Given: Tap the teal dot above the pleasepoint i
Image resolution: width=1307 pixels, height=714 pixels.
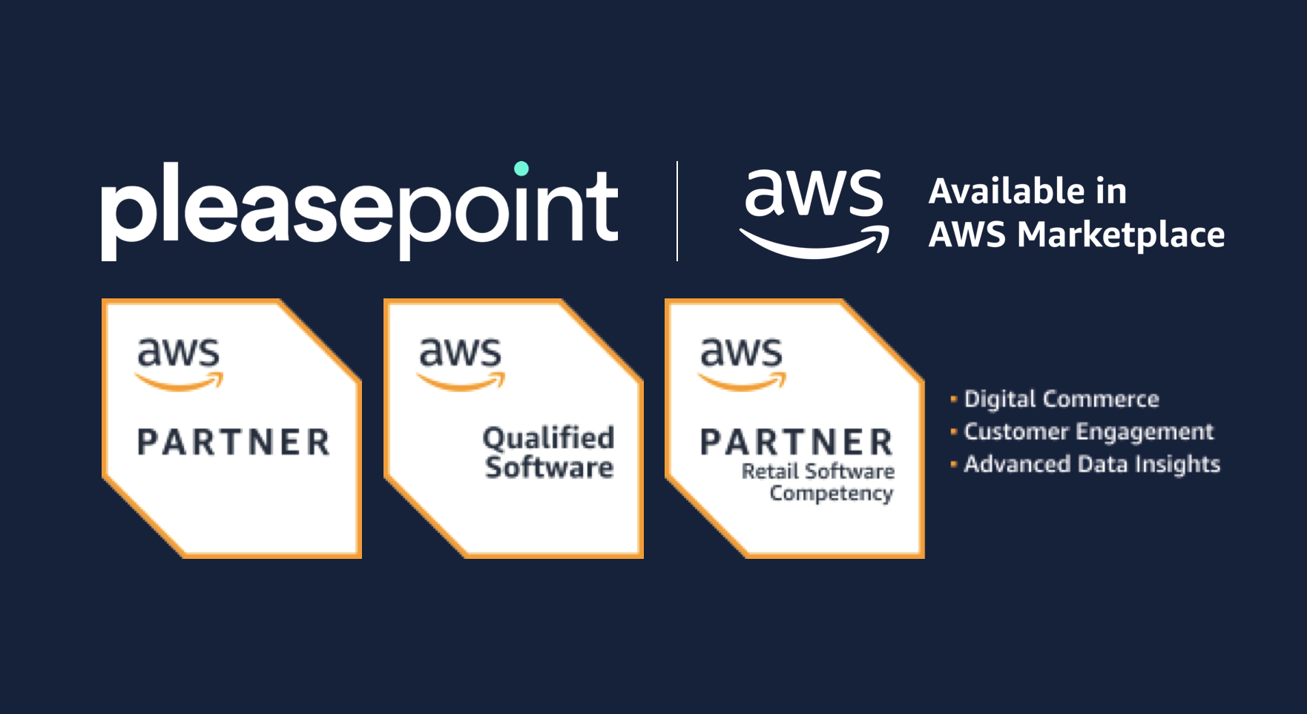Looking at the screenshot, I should pos(521,168).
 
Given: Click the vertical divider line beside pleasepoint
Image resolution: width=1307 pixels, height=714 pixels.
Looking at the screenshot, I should pos(677,211).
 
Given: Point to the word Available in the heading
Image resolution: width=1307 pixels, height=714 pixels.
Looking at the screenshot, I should pos(996,191).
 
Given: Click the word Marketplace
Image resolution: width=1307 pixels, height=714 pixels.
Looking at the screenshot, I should pos(1120,235).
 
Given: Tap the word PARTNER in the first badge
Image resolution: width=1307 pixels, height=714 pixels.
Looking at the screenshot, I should pos(234,442).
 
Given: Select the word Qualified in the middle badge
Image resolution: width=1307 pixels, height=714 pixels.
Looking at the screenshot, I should pos(548,438).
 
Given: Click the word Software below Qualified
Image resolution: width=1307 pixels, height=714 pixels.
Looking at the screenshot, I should pos(549,468).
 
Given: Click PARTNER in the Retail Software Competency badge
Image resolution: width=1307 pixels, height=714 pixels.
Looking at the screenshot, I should pos(797,442).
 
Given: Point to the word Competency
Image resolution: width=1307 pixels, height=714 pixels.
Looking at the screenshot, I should pos(831,494).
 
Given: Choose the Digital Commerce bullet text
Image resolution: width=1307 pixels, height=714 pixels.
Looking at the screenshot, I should pos(1061,399).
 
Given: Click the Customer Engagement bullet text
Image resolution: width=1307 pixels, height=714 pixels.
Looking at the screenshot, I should pos(1088,431).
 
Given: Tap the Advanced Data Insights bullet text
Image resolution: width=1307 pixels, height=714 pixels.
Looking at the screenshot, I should pos(1091,464).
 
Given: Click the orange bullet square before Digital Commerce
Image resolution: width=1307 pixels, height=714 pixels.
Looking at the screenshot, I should pos(953,399).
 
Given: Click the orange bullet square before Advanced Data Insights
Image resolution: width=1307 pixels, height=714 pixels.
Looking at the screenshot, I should pos(953,464).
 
